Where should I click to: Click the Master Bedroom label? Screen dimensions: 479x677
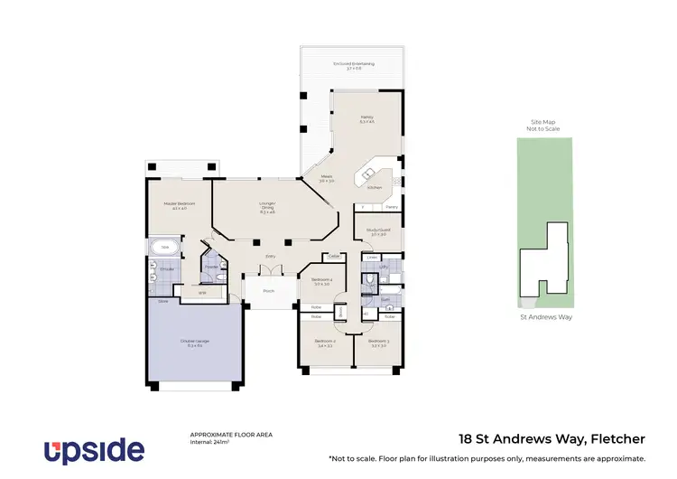(x=175, y=205)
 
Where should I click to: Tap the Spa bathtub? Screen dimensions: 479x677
(x=165, y=245)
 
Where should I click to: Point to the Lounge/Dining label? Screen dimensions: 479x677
(x=267, y=206)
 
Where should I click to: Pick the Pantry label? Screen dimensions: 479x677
(x=391, y=207)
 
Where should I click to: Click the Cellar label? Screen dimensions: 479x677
(x=333, y=256)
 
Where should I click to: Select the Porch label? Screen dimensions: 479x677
(x=269, y=291)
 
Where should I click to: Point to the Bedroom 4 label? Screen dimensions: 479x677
(x=322, y=281)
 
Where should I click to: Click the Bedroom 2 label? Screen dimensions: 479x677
(x=325, y=343)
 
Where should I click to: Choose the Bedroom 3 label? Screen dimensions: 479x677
(x=379, y=343)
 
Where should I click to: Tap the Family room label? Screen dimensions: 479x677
(x=366, y=119)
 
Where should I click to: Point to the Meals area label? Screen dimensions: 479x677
(x=327, y=178)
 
